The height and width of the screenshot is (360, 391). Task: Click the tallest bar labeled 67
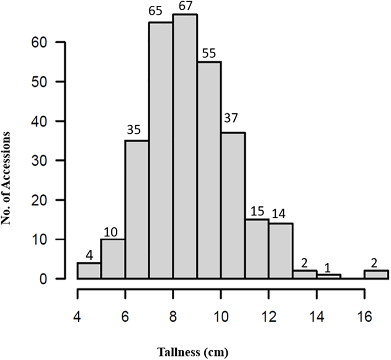185,146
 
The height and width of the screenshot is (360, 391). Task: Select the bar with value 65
161,150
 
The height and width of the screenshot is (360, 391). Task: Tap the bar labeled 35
137,210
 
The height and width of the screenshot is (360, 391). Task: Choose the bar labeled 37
233,205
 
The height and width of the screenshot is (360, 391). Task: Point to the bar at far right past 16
376,275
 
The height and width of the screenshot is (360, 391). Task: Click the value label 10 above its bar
113,232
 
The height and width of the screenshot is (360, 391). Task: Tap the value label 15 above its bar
257,212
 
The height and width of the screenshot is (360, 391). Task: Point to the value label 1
327,268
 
